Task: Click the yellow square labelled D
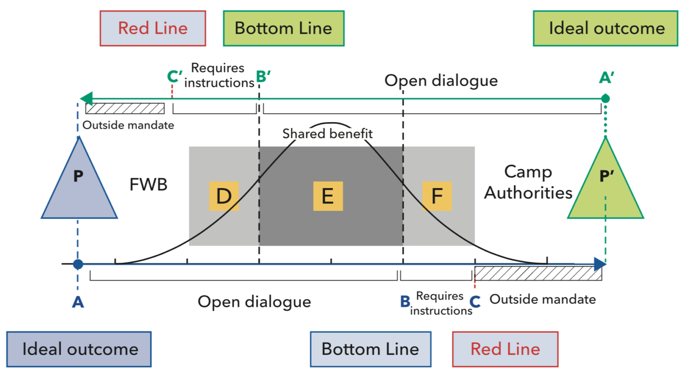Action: click(224, 196)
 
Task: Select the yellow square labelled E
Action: click(328, 196)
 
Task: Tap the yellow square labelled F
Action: click(437, 196)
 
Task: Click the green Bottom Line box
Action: click(283, 29)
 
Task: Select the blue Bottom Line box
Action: click(371, 349)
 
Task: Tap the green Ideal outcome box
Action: click(606, 29)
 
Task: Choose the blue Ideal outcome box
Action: click(79, 349)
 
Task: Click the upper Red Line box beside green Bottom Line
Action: click(153, 29)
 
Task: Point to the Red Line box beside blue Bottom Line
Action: click(505, 349)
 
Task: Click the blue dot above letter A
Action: click(78, 264)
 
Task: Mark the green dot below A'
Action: click(606, 99)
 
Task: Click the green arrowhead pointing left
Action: click(86, 99)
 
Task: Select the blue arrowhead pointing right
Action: click(600, 264)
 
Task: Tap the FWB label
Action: click(148, 184)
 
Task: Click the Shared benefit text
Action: click(327, 133)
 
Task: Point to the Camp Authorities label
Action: click(528, 182)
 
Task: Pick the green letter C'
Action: click(174, 77)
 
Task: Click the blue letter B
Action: click(405, 301)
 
